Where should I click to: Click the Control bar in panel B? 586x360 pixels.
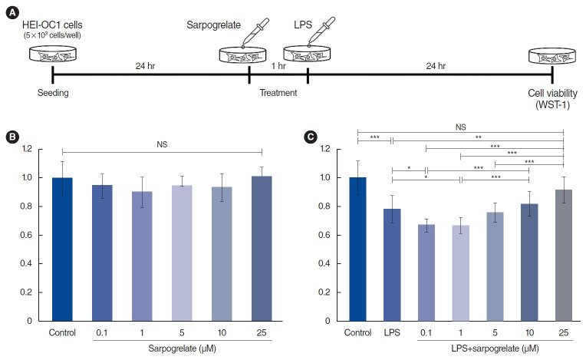(x=62, y=249)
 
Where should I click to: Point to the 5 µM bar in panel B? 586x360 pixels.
(x=182, y=253)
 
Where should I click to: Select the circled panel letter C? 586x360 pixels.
(x=311, y=137)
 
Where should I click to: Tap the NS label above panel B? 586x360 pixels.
(x=162, y=143)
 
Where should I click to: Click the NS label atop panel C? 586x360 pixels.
(x=459, y=127)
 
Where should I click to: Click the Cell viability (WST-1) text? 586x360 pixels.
(x=551, y=98)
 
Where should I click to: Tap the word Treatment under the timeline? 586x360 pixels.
(x=278, y=93)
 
